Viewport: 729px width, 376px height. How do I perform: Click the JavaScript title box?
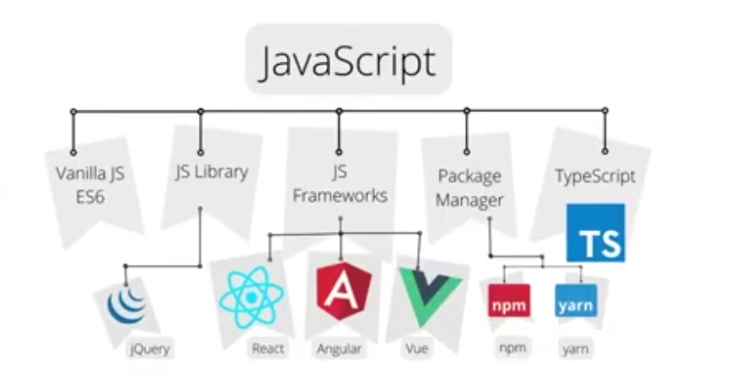tap(349, 59)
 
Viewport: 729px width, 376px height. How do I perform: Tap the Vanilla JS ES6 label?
tap(90, 185)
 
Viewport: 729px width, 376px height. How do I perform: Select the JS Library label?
tap(212, 172)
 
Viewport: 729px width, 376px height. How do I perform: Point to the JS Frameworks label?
tap(340, 184)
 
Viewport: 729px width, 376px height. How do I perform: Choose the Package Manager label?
tap(469, 188)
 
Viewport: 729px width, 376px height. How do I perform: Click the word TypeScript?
tap(595, 176)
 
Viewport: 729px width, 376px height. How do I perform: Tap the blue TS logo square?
tap(596, 233)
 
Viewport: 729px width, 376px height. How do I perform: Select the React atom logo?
tap(251, 297)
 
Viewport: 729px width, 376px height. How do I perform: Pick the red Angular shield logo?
tap(344, 292)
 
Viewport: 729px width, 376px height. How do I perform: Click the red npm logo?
tap(509, 301)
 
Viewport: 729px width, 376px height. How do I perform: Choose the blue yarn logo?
tap(576, 301)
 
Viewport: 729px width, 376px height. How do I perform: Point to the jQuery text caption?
tap(150, 348)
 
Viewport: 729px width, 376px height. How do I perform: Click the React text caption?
tap(268, 348)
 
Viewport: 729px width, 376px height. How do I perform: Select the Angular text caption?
tap(340, 348)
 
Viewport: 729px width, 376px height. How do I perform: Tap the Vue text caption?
tap(416, 348)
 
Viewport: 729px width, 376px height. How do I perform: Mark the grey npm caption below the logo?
tap(512, 347)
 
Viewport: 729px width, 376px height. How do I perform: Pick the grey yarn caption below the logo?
tap(576, 349)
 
